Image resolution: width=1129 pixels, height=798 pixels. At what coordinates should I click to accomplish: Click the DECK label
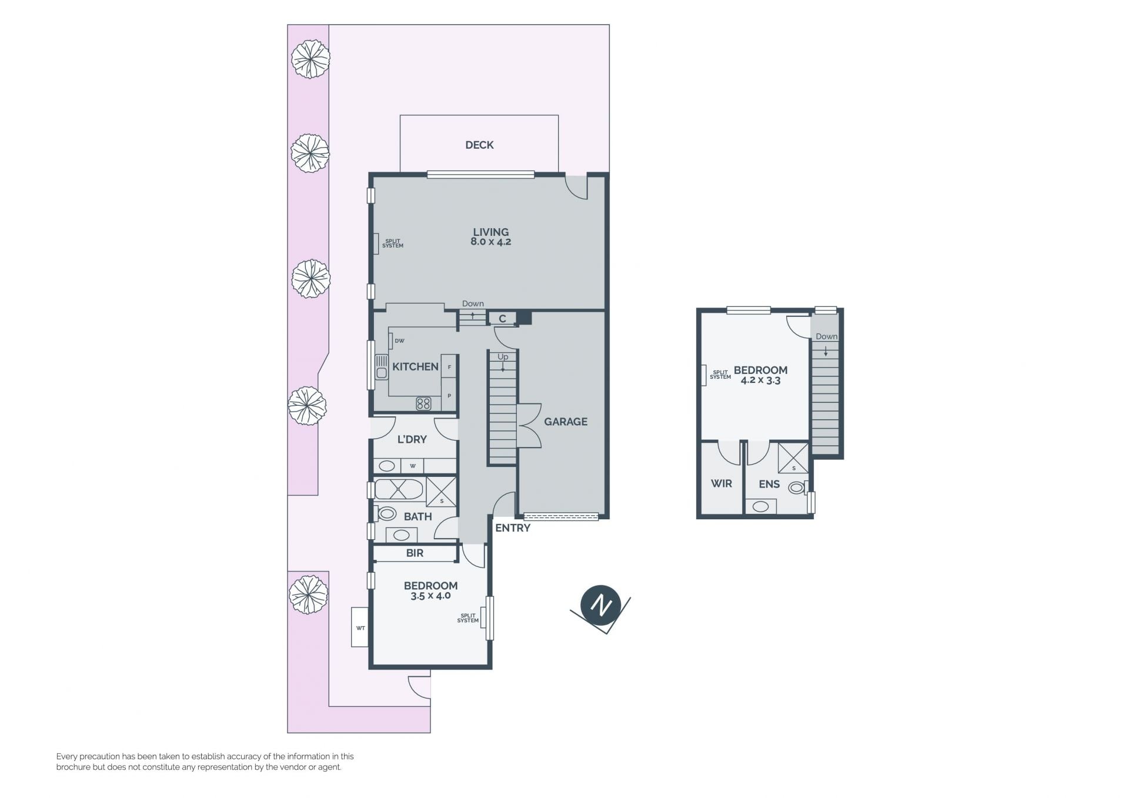point(479,145)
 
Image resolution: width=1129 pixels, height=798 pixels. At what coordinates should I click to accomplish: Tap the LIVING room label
point(491,232)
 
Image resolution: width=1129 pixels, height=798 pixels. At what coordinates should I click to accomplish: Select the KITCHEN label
point(415,366)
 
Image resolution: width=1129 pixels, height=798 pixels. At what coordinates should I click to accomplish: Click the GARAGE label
point(566,422)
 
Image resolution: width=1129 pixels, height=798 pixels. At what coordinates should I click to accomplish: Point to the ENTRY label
point(513,528)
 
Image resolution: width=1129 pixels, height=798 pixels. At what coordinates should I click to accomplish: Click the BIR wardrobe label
point(415,553)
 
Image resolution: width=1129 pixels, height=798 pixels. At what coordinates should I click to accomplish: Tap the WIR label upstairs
point(722,483)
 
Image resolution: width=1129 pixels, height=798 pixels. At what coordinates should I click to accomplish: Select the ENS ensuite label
point(769,485)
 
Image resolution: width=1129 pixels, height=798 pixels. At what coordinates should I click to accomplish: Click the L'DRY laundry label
point(412,439)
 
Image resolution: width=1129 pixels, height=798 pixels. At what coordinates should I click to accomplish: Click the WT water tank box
point(360,627)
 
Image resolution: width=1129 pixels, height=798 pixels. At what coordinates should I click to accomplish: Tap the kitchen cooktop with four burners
point(423,403)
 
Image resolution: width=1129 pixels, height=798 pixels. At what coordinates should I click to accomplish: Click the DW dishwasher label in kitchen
point(400,341)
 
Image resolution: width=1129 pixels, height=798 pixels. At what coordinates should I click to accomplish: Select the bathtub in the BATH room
point(399,489)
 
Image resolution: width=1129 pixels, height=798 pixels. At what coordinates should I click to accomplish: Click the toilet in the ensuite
point(796,488)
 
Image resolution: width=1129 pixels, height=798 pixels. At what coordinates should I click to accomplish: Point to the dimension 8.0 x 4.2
point(491,242)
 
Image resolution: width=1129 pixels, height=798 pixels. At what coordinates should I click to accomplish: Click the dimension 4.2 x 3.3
point(760,380)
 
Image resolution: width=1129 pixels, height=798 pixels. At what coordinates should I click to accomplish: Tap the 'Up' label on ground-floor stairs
point(503,357)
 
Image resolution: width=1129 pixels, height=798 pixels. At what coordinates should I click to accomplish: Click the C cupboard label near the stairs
point(502,319)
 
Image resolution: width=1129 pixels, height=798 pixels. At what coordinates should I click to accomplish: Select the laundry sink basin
point(386,466)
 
